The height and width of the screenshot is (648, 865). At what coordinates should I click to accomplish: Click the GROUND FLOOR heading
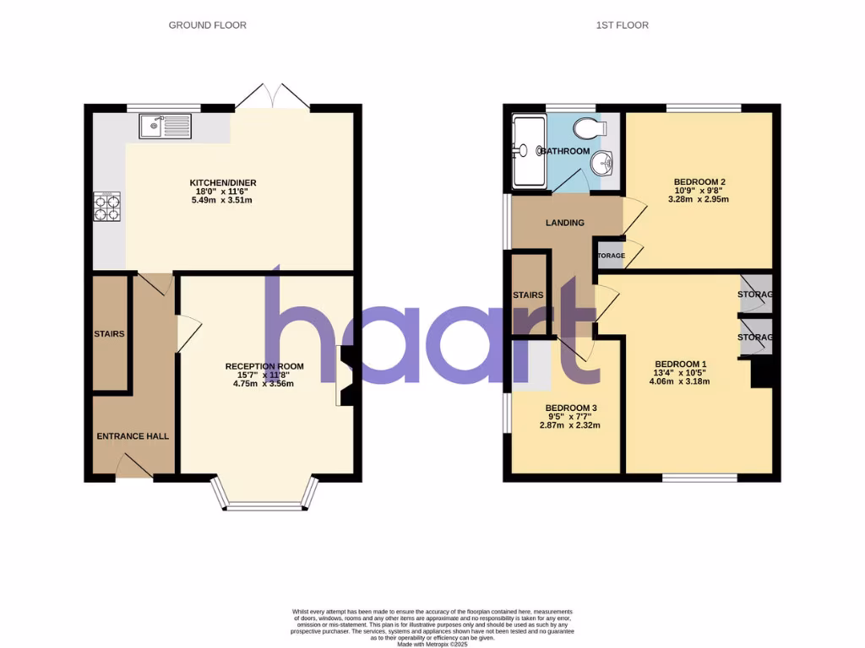(208, 25)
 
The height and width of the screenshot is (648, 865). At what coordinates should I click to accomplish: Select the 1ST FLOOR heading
(622, 25)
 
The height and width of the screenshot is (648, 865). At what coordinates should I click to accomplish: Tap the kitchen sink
(167, 127)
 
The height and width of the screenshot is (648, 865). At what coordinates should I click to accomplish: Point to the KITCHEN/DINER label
(223, 183)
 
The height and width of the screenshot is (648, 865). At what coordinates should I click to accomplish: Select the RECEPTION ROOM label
(264, 366)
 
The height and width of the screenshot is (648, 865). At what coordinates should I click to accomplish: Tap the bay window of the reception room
(265, 503)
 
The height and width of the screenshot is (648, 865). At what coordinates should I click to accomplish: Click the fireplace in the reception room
(345, 375)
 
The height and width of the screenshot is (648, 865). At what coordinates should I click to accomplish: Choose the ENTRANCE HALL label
(133, 436)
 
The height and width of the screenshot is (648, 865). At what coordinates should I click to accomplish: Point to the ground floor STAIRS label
(109, 334)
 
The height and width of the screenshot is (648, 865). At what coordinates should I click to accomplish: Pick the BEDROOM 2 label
(699, 182)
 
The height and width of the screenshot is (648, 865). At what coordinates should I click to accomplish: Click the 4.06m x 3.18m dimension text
(679, 381)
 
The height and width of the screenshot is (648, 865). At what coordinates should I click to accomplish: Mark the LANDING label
(565, 224)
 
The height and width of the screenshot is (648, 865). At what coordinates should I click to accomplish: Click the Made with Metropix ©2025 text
(432, 645)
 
